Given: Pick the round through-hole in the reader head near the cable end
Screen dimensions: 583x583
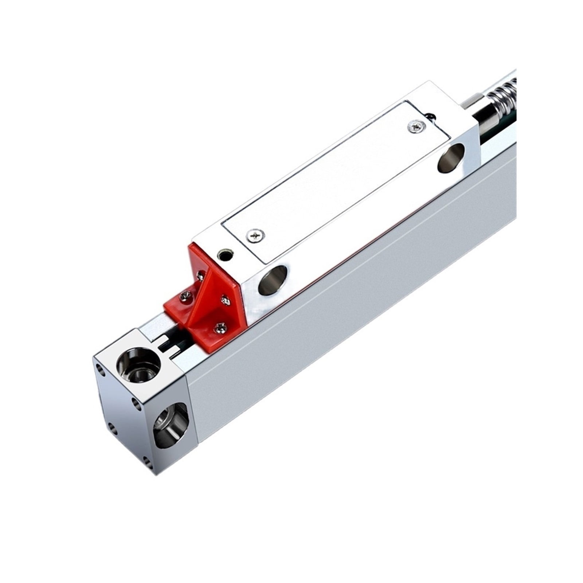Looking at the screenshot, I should pyautogui.click(x=451, y=157).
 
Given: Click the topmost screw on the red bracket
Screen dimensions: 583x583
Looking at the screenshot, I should pyautogui.click(x=200, y=276).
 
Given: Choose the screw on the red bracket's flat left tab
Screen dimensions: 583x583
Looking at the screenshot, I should pyautogui.click(x=184, y=297).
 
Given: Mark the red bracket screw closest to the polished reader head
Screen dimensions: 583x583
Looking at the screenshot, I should pyautogui.click(x=226, y=300).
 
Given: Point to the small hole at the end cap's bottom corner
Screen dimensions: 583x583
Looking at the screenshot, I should pyautogui.click(x=147, y=462).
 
